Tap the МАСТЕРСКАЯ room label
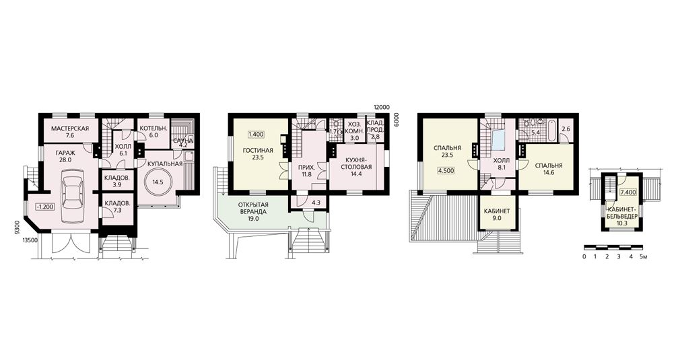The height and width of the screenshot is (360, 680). click(70, 129)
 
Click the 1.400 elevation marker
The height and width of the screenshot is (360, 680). click(256, 135)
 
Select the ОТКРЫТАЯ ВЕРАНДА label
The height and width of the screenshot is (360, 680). click(253, 209)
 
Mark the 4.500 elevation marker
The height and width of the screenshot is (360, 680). click(446, 170)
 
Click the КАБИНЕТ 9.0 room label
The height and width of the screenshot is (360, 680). click(497, 215)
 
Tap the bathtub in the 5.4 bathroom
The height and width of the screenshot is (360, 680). click(552, 132)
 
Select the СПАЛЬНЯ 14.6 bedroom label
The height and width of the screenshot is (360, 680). click(549, 168)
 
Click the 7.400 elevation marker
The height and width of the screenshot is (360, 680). click(627, 192)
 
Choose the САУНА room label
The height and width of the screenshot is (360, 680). click(182, 140)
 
